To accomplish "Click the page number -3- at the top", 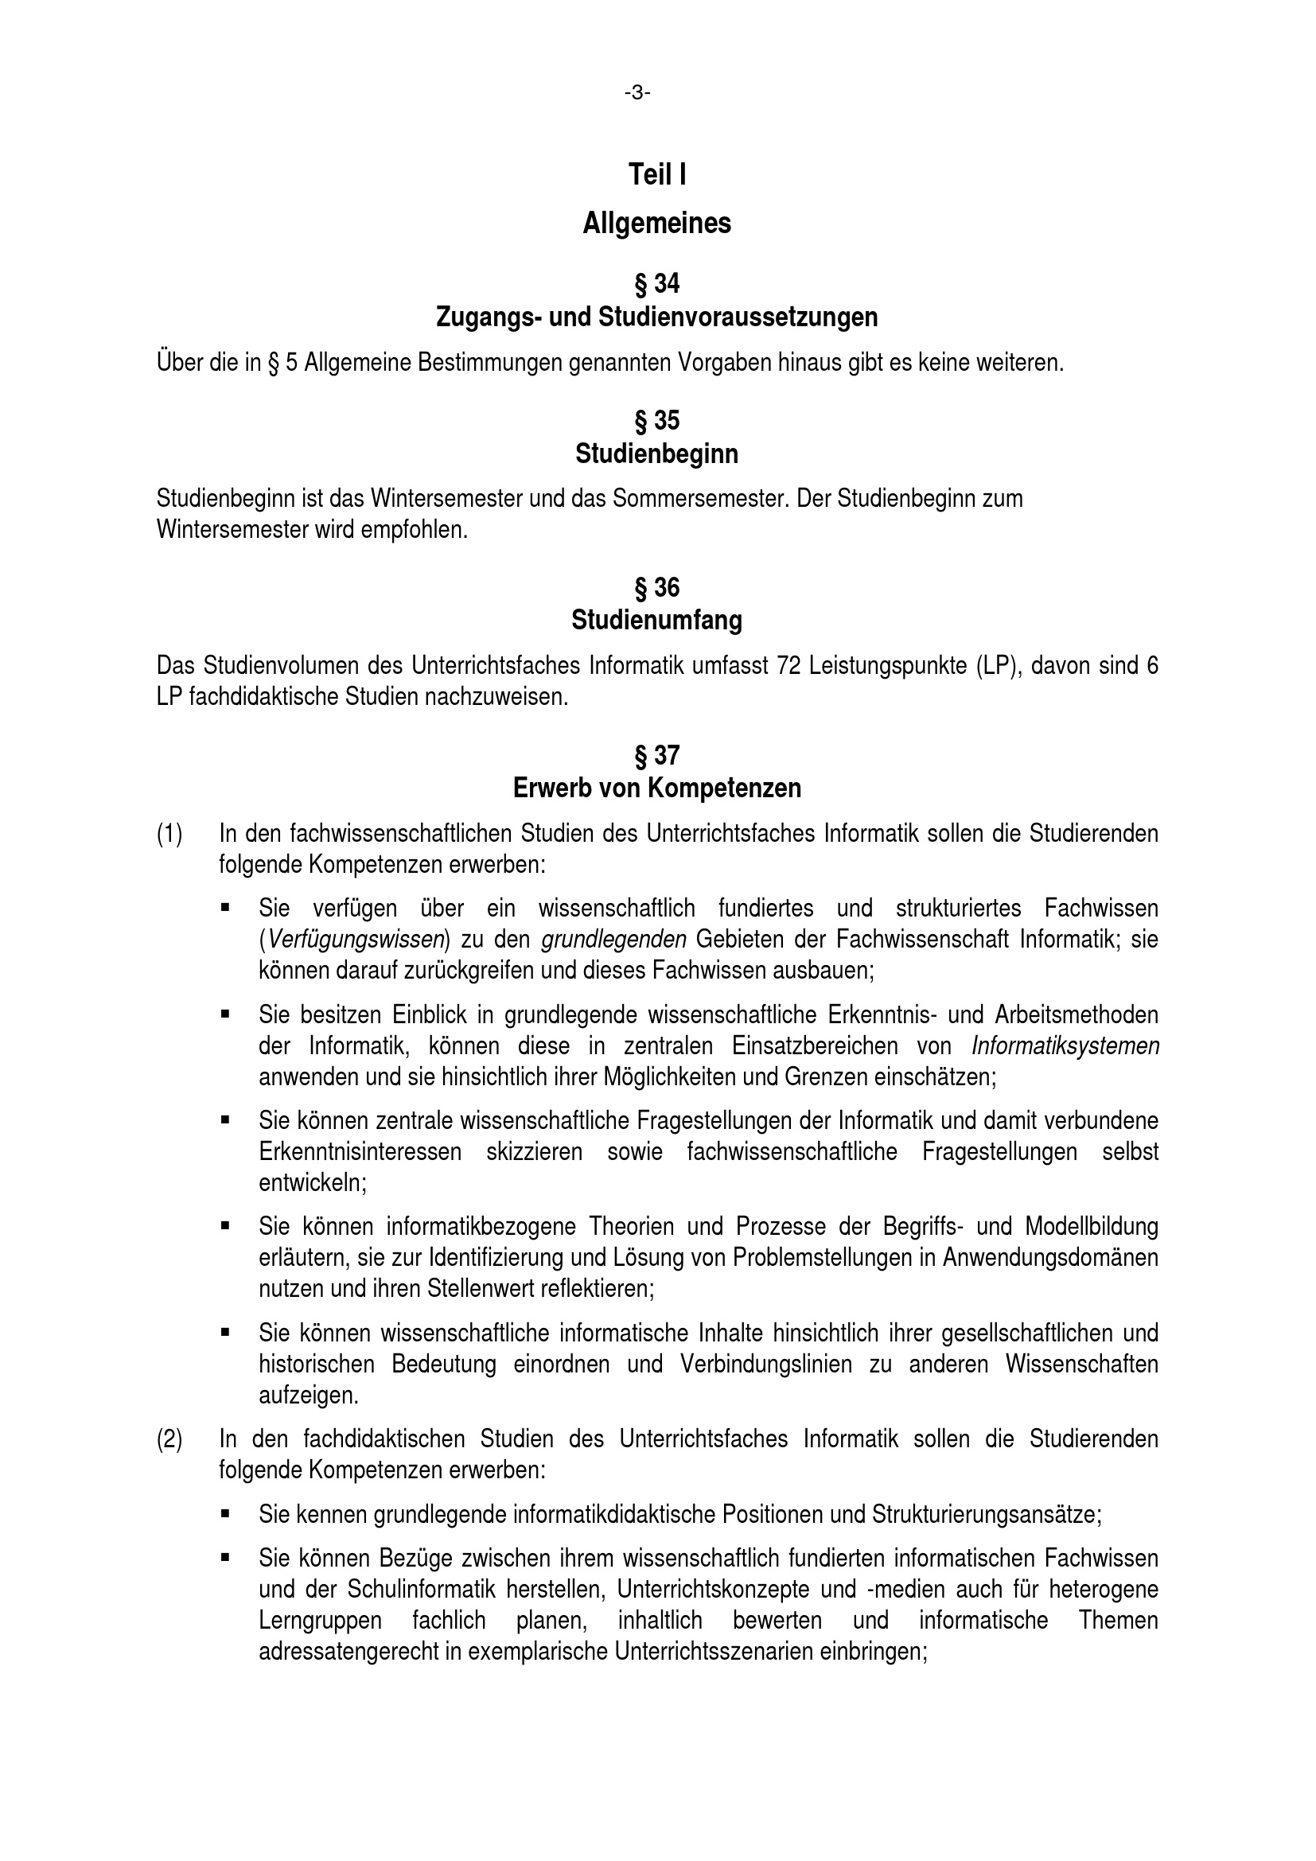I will click(x=637, y=93).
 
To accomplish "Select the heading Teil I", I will click(x=657, y=174).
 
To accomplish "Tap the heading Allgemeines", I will click(x=656, y=223).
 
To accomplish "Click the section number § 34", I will click(x=656, y=284).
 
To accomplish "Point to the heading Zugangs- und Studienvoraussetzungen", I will click(x=656, y=317).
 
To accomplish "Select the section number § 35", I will click(x=656, y=421).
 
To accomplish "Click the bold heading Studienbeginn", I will click(x=656, y=454).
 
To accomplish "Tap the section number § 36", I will click(x=656, y=587).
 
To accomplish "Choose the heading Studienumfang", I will click(x=656, y=620).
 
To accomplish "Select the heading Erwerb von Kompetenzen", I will click(x=656, y=788).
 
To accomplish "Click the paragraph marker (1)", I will click(x=169, y=833).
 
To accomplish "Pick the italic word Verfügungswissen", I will click(x=355, y=940).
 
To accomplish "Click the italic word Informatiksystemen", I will click(x=1065, y=1046).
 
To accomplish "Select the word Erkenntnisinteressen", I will click(x=360, y=1152).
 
